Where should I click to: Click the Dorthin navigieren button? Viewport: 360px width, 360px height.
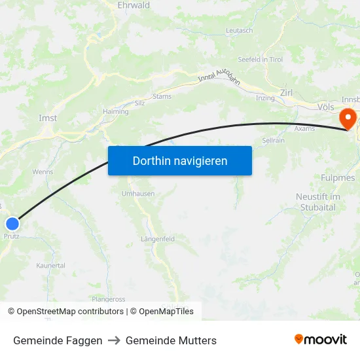point(180,160)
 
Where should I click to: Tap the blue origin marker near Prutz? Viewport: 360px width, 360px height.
point(12,224)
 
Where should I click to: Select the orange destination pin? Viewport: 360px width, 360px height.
point(346,118)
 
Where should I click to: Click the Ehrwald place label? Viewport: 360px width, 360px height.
point(134,5)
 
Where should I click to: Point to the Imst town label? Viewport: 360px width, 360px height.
point(48,118)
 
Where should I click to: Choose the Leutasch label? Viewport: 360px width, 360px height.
point(239,31)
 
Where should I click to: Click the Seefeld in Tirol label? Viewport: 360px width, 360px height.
point(260,60)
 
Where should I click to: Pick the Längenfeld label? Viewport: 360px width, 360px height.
point(158,240)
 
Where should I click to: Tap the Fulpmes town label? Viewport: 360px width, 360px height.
point(338,178)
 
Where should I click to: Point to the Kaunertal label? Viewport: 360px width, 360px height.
point(50,266)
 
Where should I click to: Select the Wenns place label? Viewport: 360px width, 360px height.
point(43,171)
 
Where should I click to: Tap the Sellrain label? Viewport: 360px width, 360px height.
point(273,140)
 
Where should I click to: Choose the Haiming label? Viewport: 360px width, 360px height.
point(116,112)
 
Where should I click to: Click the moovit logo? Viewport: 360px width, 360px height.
point(321,339)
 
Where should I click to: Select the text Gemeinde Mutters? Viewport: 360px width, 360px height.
point(171,340)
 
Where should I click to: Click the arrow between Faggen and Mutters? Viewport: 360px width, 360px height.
point(114,340)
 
